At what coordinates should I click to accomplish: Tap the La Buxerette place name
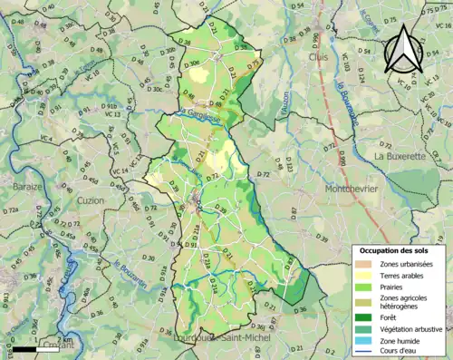(x=400, y=155)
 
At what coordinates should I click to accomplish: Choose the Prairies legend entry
(x=395, y=289)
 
